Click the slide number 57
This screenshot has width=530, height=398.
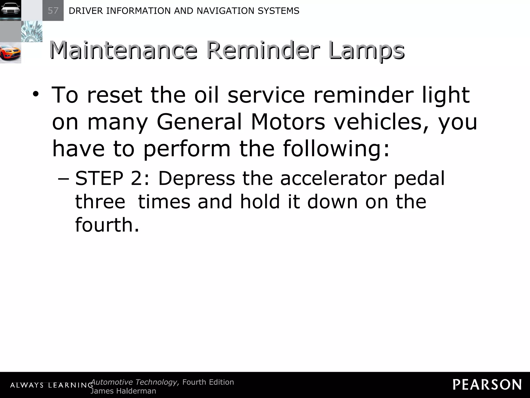pyautogui.click(x=53, y=11)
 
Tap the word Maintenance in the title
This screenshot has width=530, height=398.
pyautogui.click(x=123, y=50)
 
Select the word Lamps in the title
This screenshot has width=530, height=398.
pyautogui.click(x=367, y=51)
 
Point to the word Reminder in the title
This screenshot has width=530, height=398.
pyautogui.click(x=263, y=50)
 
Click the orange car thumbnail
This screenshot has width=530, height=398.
pyautogui.click(x=10, y=53)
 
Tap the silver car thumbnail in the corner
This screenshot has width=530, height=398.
pyautogui.click(x=10, y=10)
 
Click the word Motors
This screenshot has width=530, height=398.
pyautogui.click(x=288, y=122)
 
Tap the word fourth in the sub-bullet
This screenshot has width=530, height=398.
pyautogui.click(x=104, y=225)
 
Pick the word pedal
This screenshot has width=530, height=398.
pyautogui.click(x=419, y=179)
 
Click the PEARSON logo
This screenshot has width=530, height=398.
pyautogui.click(x=487, y=385)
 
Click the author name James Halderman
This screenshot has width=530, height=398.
pyautogui.click(x=123, y=391)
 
